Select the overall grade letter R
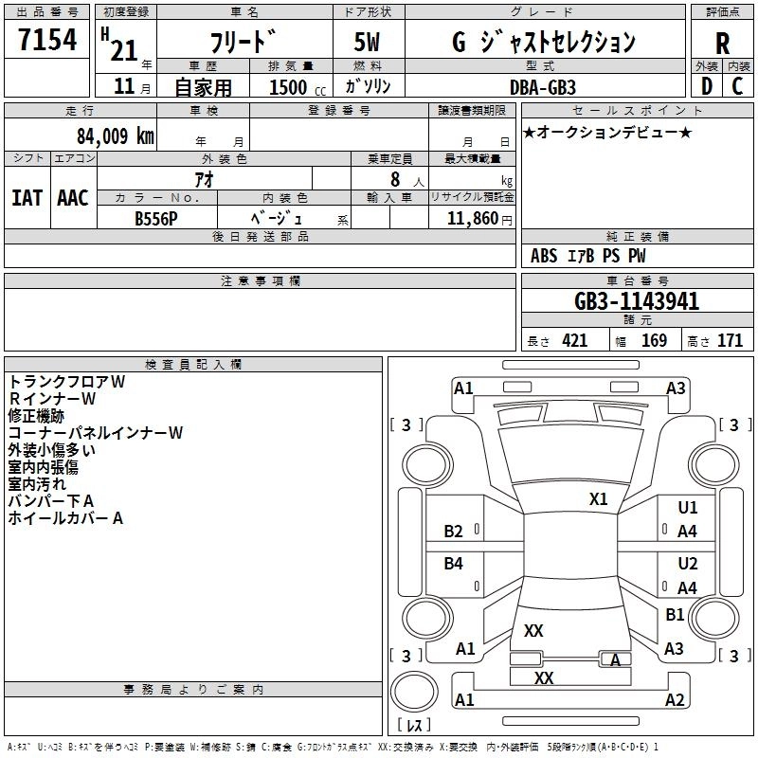click(722, 44)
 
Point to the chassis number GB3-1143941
click(637, 301)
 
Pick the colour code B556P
click(156, 217)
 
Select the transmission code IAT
click(28, 197)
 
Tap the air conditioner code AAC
click(73, 197)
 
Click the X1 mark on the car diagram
click(598, 499)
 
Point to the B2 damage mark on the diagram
click(454, 532)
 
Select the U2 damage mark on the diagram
click(688, 564)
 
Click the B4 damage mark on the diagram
click(454, 564)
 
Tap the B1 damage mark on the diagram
click(675, 614)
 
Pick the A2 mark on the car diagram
click(675, 700)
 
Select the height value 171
click(730, 341)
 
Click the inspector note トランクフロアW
click(67, 382)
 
